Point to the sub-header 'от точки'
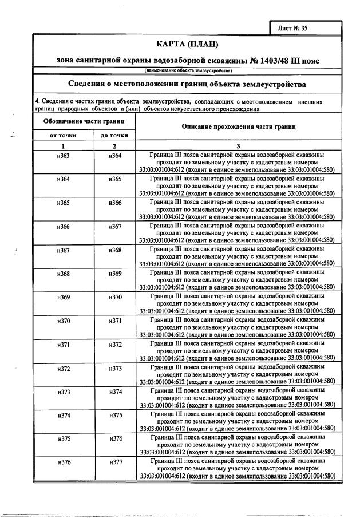click(64, 135)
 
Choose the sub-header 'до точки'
click(114, 135)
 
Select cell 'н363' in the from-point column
click(64, 156)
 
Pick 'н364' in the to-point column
click(115, 156)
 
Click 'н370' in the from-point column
click(64, 321)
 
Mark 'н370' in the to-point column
click(115, 297)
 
